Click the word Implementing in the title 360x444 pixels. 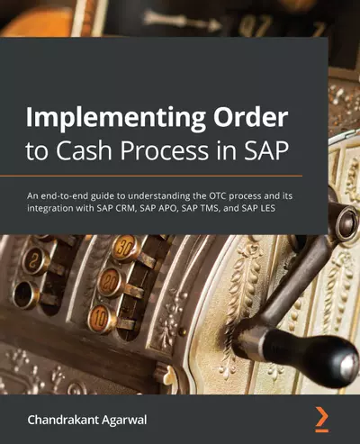point(100,122)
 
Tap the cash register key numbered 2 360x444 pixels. point(36,263)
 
